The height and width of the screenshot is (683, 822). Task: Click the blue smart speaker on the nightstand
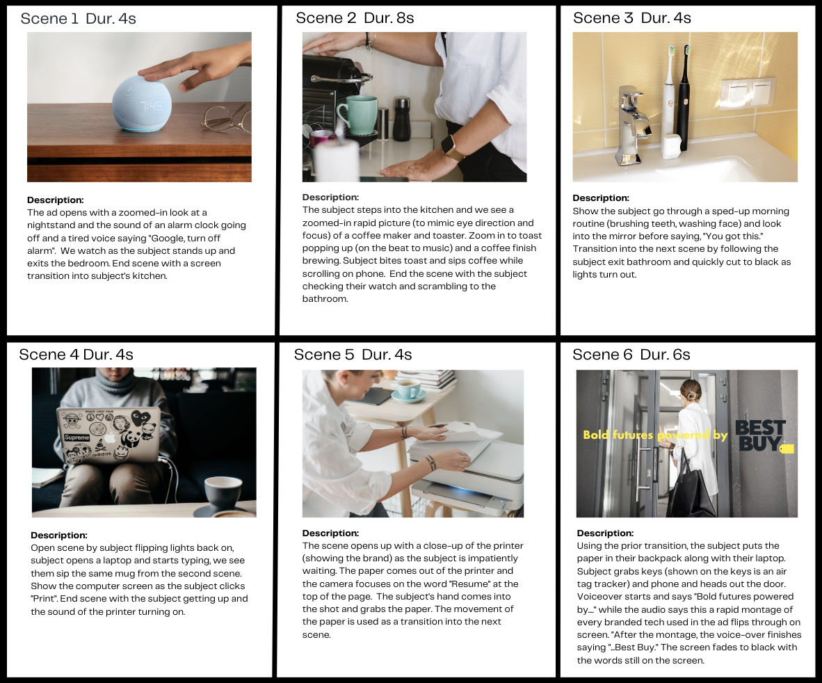142,103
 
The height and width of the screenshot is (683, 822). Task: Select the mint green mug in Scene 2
357,115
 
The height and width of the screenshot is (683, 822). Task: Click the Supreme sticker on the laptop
77,437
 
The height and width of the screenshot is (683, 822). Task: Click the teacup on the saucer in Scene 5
408,389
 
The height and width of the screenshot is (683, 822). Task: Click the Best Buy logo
764,436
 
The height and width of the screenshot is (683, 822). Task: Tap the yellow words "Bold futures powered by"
655,435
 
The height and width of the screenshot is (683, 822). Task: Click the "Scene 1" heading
49,19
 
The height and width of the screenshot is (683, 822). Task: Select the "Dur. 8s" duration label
389,18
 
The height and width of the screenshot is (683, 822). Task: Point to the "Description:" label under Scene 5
330,533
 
